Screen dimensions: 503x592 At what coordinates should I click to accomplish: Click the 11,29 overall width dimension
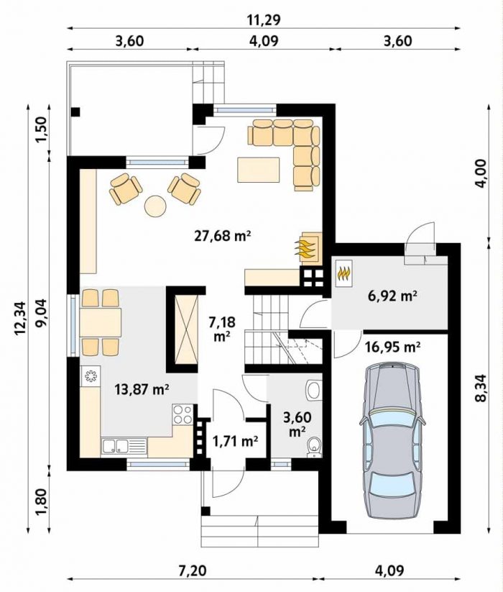[264, 19]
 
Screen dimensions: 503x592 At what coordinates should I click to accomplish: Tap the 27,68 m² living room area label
[223, 236]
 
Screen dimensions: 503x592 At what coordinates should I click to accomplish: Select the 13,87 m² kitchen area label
[142, 389]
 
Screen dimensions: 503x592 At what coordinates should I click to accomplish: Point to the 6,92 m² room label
[392, 296]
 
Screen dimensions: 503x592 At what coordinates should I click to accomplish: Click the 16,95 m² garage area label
[393, 347]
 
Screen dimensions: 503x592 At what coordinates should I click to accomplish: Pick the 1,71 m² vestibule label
[235, 441]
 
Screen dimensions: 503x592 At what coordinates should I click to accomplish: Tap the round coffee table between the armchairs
[155, 206]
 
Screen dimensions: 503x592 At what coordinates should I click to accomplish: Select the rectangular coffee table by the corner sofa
[259, 170]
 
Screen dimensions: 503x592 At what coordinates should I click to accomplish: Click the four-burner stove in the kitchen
[182, 414]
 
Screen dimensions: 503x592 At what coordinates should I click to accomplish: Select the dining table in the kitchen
[101, 323]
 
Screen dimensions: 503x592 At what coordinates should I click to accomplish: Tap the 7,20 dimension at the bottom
[193, 570]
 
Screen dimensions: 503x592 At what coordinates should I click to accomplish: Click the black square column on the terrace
[75, 111]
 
